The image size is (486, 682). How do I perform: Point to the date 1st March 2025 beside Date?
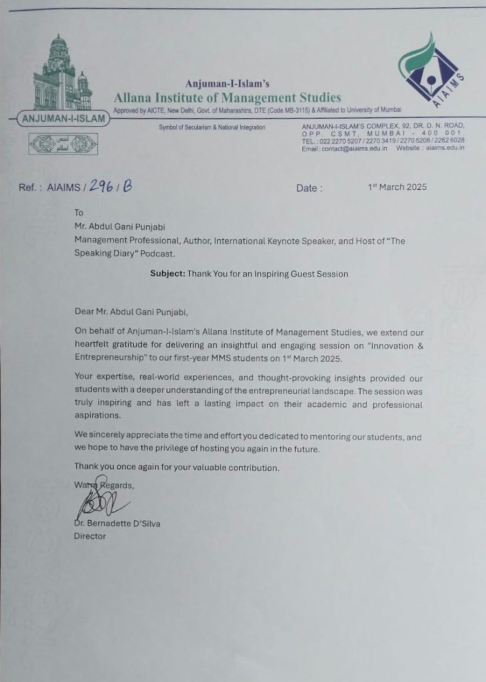pyautogui.click(x=397, y=187)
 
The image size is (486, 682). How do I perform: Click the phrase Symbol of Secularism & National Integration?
pyautogui.click(x=212, y=127)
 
